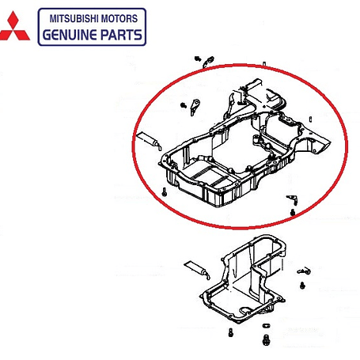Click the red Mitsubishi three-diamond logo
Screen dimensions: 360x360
point(14,26)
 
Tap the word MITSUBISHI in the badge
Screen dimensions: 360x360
point(74,19)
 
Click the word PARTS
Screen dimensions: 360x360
point(122,35)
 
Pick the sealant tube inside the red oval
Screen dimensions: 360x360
point(149,140)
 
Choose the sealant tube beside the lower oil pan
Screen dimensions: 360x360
point(197,270)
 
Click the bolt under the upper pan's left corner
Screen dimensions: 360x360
point(165,192)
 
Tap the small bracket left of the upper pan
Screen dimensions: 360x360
point(195,107)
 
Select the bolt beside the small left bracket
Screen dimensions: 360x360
point(184,105)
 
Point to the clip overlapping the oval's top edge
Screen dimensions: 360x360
point(208,62)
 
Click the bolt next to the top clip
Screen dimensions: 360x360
point(198,59)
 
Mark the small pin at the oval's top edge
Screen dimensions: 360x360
point(264,64)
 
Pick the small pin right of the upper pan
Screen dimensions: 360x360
point(311,119)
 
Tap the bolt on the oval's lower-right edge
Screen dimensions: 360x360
point(293,212)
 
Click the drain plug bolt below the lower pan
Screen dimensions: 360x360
point(266,339)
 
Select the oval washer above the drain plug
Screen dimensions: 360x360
point(267,326)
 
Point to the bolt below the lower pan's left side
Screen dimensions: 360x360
point(231,332)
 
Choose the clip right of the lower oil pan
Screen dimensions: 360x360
point(304,271)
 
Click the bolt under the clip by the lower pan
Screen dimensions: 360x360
point(302,285)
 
